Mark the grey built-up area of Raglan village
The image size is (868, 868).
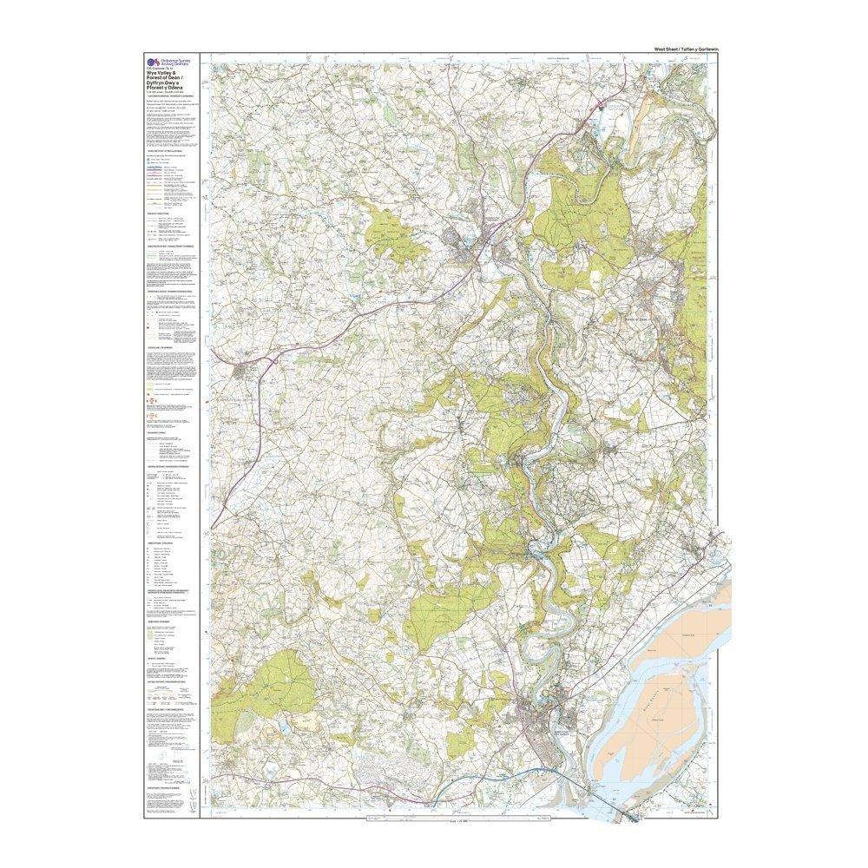coord(246,372)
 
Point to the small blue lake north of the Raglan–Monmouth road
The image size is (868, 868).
coord(357,300)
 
